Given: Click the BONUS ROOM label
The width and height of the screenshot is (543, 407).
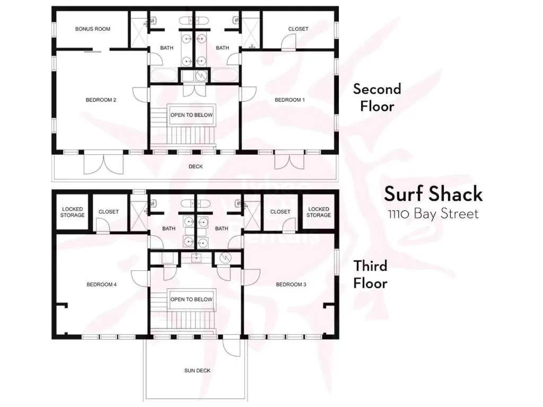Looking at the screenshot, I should [x=93, y=29].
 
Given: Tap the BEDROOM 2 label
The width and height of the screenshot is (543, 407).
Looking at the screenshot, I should [x=101, y=100].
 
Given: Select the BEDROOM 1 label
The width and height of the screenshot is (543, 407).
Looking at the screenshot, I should [x=290, y=100].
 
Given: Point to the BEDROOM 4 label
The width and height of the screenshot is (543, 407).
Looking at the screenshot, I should [x=101, y=285].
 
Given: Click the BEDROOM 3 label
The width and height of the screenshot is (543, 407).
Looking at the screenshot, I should [x=291, y=285].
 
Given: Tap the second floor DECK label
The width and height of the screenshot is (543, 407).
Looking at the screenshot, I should [x=196, y=166].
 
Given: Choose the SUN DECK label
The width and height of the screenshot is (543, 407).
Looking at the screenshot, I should [x=197, y=370].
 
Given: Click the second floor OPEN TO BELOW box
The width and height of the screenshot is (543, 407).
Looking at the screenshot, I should [x=191, y=115].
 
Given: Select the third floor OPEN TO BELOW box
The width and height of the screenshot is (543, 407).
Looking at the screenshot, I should [x=191, y=299].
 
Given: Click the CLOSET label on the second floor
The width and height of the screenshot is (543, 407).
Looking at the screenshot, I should [x=298, y=29].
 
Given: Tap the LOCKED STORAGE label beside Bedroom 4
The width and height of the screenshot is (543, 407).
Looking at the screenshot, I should [x=72, y=212].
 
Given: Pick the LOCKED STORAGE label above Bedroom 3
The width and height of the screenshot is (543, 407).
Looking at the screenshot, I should [x=319, y=212].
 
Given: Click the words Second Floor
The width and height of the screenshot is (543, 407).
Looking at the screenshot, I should [x=377, y=97].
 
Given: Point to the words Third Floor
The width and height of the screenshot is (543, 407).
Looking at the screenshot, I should [x=371, y=274].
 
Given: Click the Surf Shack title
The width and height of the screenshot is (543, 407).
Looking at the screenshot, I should [x=433, y=194].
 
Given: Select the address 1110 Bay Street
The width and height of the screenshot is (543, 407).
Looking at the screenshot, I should [x=433, y=214].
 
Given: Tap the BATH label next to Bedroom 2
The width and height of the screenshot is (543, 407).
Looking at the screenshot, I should [x=167, y=48].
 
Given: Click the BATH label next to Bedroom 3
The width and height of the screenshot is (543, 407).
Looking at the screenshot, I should [x=222, y=229].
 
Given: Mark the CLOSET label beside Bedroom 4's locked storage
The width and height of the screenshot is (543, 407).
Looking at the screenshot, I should [x=109, y=212].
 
